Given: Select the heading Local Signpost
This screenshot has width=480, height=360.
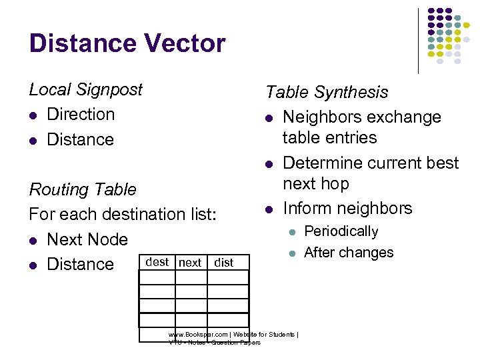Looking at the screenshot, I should pos(85,90).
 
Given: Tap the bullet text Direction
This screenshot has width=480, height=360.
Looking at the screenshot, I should pos(81,115).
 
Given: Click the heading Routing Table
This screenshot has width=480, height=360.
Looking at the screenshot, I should pos(83,190).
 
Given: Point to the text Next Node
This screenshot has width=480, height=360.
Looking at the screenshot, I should pos(87,239).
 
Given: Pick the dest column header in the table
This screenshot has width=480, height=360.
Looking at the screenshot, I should pos(157,262).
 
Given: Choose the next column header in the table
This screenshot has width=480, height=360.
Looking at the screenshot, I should pos(191,263).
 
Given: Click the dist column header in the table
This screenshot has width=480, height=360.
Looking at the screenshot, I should pos(224,263).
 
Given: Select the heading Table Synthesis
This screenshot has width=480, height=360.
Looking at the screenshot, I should pos(327,93).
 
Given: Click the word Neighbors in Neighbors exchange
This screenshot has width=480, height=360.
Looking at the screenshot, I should pos(321,117).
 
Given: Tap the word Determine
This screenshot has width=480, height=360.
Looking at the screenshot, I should pos(323,163).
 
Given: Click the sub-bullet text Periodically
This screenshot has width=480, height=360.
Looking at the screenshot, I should pos(341,232).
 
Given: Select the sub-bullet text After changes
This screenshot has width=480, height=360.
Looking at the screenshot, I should pos(349,253).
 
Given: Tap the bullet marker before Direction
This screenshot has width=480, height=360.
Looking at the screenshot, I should pos(33,115).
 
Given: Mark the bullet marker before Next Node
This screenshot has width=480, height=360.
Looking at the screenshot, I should pos(33,240).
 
